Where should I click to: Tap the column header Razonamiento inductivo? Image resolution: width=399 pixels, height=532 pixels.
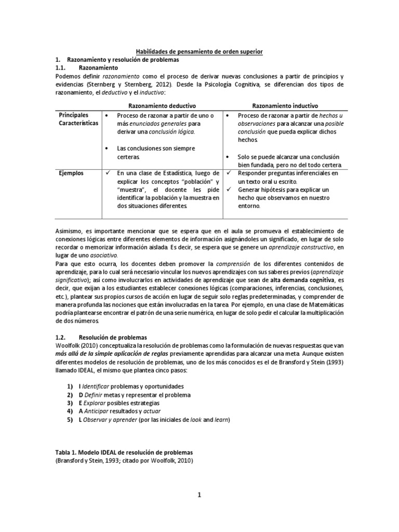click(x=286, y=105)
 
